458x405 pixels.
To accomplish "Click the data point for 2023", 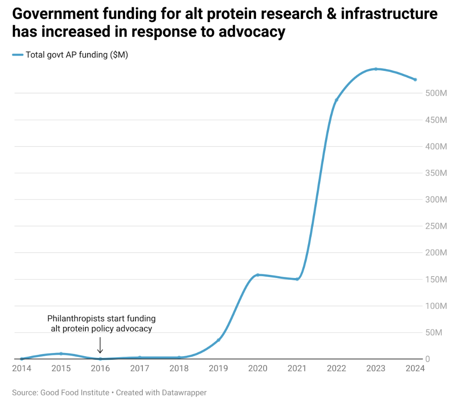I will click(375, 69).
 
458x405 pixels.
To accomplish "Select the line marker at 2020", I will click(257, 275).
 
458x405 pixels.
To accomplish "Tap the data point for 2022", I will click(336, 100).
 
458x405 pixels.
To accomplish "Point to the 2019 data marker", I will click(218, 340).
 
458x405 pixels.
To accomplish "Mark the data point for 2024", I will click(415, 80).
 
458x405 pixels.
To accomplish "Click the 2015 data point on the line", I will click(61, 353).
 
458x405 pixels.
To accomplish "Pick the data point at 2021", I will click(297, 279).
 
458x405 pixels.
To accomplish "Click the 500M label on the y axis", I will click(435, 93).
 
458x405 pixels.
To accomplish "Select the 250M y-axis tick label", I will click(435, 226).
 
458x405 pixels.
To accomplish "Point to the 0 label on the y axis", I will click(428, 359).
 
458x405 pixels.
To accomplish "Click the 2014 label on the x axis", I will click(22, 368).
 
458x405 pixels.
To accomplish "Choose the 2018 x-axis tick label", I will click(179, 368).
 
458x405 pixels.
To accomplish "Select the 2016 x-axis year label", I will click(100, 368).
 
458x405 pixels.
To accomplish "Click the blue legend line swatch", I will click(17, 55).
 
